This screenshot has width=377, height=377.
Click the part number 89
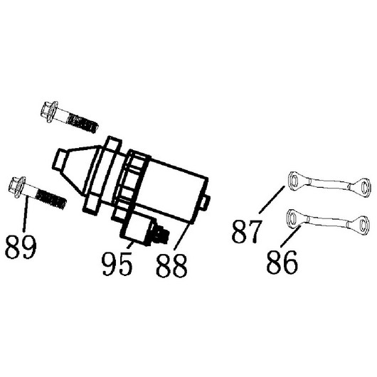click(21, 247)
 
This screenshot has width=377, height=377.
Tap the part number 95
click(117, 264)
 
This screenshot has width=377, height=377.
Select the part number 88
click(171, 266)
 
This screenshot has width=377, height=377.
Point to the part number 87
click(246, 231)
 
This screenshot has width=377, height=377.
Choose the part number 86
click(282, 262)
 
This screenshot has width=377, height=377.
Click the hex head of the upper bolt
click(50, 112)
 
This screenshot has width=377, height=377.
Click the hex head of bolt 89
click(17, 187)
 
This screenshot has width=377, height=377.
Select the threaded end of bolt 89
click(51, 199)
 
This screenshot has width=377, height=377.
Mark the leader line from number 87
click(272, 200)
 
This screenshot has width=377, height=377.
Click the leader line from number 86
click(291, 236)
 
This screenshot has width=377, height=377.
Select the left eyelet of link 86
click(292, 218)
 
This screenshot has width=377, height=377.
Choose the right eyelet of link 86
click(363, 225)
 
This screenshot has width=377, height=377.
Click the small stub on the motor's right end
click(206, 203)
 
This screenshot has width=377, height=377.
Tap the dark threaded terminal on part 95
click(159, 234)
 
